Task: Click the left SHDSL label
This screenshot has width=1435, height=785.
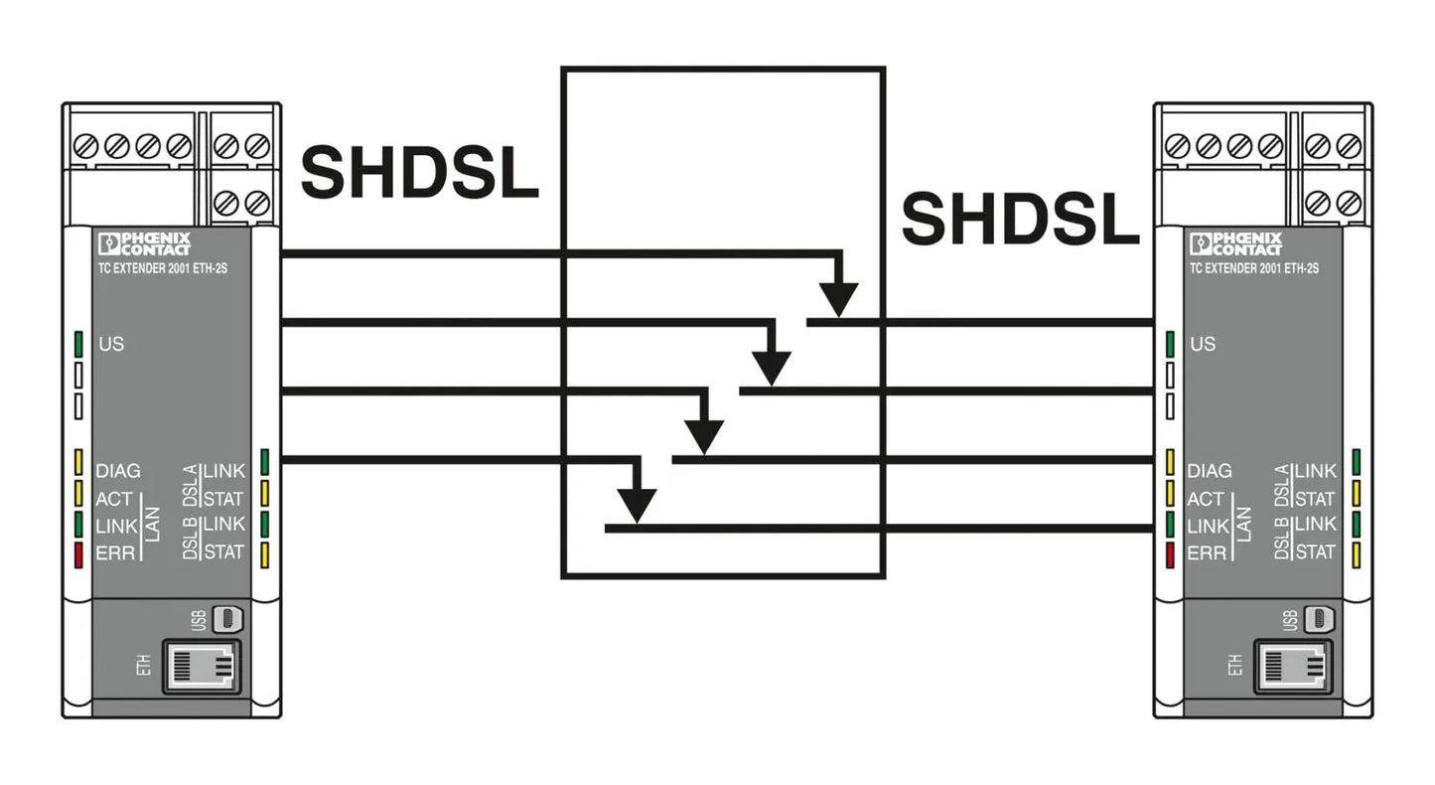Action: click(420, 172)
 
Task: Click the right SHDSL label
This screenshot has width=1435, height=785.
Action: click(1021, 219)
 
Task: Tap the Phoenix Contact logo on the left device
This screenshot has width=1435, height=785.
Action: click(144, 243)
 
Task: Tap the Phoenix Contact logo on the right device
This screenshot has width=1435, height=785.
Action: click(1235, 243)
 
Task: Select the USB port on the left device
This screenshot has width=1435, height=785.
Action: click(227, 619)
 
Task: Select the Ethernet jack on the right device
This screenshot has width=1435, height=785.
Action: click(1293, 667)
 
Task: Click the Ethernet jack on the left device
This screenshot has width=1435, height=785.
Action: click(202, 667)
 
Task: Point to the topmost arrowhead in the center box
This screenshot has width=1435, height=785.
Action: click(838, 299)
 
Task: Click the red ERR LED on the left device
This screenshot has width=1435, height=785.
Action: click(78, 554)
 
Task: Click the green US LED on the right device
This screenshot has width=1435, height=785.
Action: click(1171, 344)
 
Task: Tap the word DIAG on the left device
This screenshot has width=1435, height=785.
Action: click(118, 471)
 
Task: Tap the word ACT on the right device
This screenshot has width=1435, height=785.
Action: click(1206, 499)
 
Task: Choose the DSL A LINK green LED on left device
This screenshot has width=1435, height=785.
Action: click(264, 462)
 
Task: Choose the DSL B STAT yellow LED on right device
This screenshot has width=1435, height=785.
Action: click(1357, 554)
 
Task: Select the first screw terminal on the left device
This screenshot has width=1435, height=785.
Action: click(85, 146)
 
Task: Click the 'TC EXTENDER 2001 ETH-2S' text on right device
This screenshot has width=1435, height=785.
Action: click(1254, 268)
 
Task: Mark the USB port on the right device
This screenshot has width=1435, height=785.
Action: click(1319, 619)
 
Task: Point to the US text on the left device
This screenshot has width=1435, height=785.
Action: click(111, 344)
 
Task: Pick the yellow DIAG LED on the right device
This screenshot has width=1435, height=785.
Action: click(1171, 463)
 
